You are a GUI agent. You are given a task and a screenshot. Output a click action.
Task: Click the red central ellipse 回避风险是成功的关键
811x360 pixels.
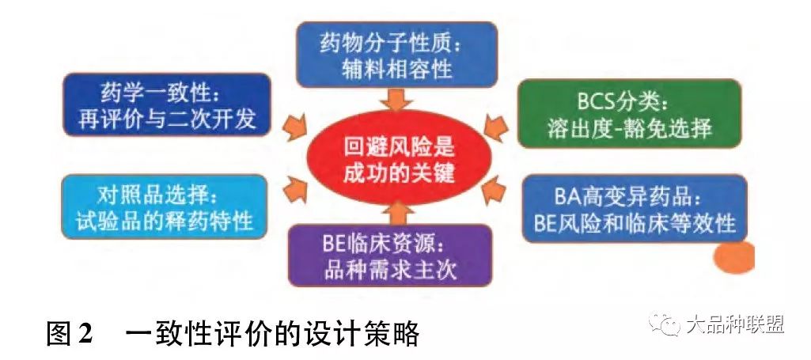point(398,159)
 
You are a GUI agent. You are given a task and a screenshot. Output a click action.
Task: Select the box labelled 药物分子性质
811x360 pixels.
point(396,55)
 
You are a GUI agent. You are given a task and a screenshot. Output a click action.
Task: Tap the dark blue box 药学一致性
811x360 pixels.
point(166,105)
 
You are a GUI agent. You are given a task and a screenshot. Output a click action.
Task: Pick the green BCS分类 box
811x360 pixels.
point(630,114)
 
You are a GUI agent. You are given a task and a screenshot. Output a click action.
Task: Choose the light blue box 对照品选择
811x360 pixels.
point(165,207)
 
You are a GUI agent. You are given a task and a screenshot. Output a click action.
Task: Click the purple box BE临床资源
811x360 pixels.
point(390,255)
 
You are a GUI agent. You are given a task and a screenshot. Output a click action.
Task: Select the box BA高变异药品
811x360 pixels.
point(635,208)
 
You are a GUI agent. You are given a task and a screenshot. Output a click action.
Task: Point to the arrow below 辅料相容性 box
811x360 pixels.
point(397,99)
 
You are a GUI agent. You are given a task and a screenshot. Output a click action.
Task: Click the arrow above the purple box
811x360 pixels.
point(396,213)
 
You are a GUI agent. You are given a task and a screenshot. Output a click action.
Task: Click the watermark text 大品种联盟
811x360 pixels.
point(736,324)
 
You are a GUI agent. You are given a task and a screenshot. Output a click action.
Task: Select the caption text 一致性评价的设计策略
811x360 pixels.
point(272,334)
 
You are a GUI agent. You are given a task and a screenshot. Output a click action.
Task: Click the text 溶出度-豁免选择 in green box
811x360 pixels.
point(630,128)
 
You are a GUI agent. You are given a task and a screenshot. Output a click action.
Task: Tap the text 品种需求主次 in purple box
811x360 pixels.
point(391,269)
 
